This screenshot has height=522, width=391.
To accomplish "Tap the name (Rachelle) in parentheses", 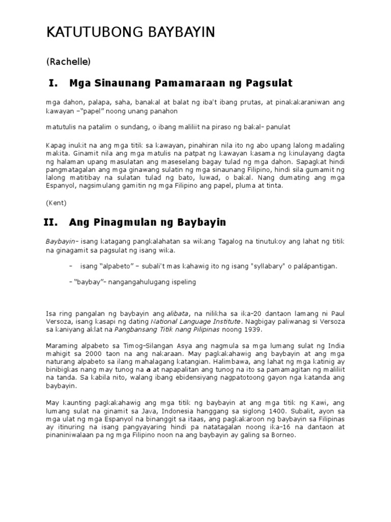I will pos(68,62).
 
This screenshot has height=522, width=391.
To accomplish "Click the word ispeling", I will pos(186,282).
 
